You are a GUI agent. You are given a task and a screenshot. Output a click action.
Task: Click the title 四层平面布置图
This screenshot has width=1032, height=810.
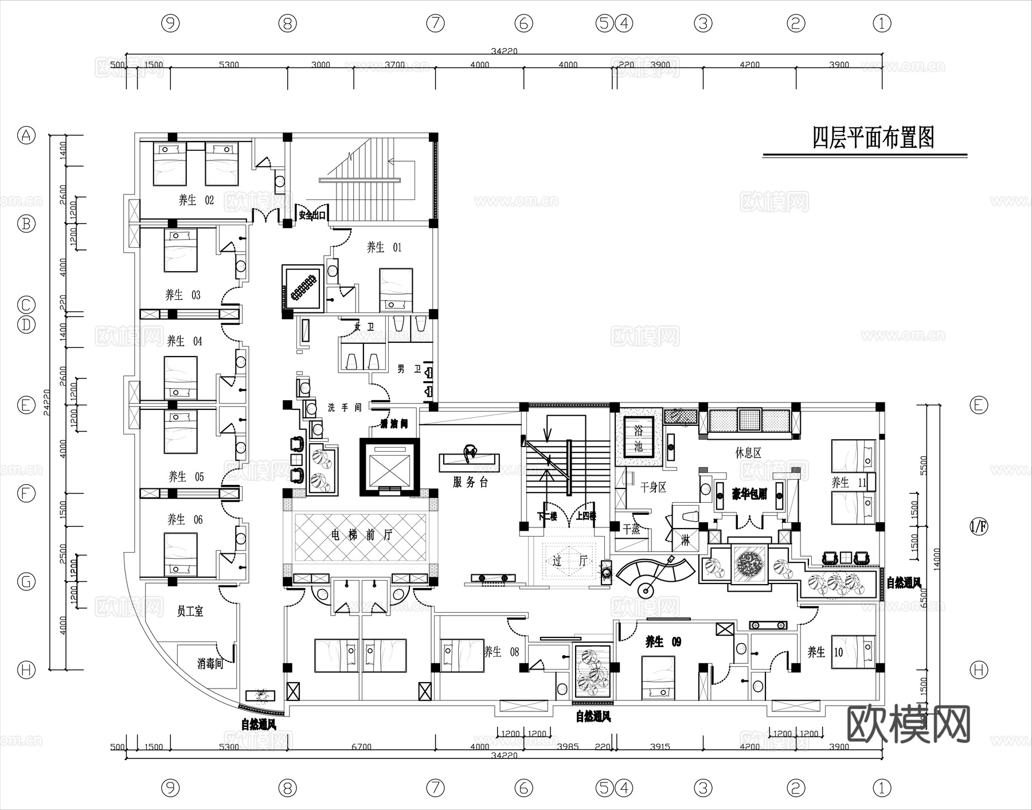[873, 138]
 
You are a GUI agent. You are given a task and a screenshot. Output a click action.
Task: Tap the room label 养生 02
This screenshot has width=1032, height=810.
[196, 200]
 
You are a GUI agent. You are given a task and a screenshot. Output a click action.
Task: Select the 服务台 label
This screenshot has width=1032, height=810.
[470, 482]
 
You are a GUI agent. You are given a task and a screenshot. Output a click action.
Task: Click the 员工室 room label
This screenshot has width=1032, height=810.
[190, 612]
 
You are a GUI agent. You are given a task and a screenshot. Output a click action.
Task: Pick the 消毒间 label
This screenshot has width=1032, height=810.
[210, 664]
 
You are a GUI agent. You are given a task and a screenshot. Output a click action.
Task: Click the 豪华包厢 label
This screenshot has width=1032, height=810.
[749, 494]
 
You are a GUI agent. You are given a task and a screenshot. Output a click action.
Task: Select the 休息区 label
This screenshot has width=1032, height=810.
[748, 453]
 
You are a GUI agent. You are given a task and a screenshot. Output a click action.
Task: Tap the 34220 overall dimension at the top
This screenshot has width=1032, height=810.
[504, 51]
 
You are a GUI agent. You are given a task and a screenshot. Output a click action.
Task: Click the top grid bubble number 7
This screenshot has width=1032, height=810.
[435, 24]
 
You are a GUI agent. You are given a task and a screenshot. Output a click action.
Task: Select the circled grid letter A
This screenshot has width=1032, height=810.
[26, 136]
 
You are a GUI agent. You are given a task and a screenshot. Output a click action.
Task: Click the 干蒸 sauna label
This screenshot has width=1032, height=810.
[631, 529]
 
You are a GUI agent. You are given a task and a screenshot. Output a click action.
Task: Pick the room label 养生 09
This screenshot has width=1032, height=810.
[663, 641]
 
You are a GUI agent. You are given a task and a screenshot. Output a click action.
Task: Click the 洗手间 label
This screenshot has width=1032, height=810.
[345, 408]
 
